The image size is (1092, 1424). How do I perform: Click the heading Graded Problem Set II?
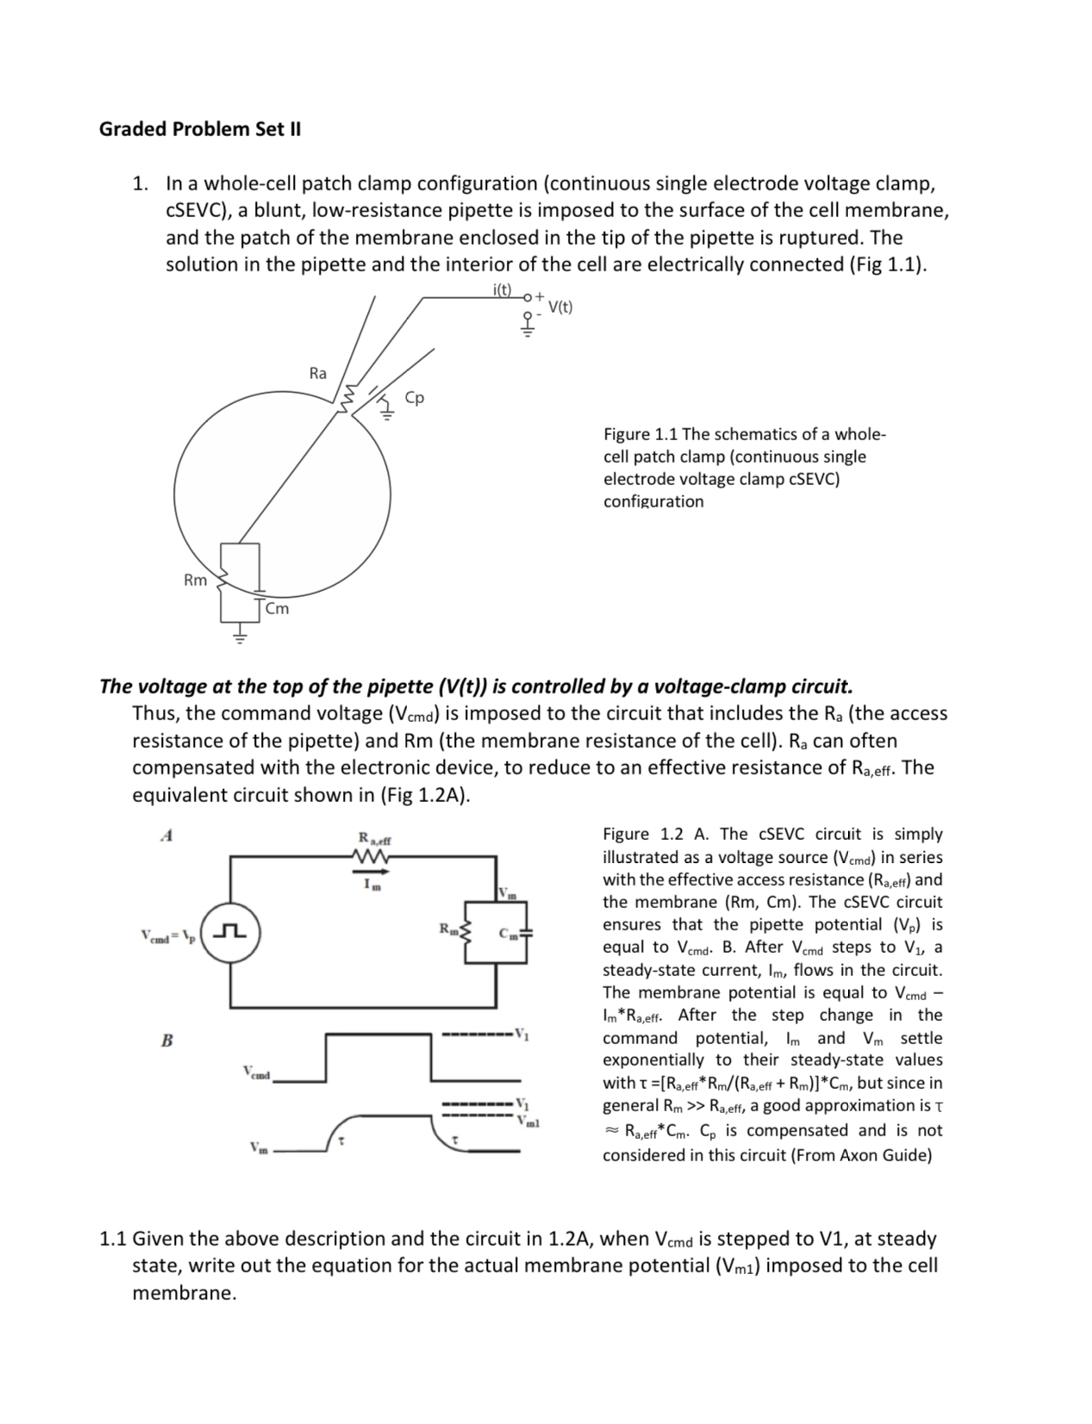tap(200, 129)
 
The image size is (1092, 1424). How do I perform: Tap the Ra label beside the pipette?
tap(318, 373)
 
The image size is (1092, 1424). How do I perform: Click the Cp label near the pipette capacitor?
tap(415, 398)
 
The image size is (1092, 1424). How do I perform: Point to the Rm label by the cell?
tap(196, 581)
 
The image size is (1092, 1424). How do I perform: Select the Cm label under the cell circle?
tap(278, 609)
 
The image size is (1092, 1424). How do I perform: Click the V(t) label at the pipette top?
tap(560, 307)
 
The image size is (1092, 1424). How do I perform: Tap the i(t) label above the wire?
tap(502, 290)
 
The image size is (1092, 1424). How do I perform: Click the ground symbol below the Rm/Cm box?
tap(240, 637)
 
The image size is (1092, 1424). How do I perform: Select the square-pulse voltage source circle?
tap(231, 932)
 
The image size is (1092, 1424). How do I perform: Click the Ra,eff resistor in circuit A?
tap(373, 855)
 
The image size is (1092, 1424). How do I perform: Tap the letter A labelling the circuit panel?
tap(168, 835)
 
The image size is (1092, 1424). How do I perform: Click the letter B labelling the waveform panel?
tap(167, 1041)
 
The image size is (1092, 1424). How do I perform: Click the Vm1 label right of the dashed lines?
tap(529, 1121)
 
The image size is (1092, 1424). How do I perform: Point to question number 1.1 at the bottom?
tap(114, 1239)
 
